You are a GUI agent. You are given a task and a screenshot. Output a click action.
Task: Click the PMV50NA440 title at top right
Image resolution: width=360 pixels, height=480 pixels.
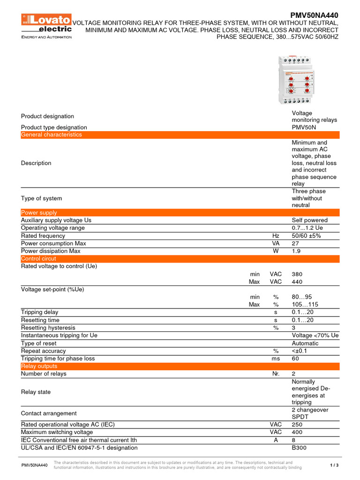[314, 15]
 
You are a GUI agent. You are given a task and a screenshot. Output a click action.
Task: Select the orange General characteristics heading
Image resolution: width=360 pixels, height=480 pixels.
[52, 135]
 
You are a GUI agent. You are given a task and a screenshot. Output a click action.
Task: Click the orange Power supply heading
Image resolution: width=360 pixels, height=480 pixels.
[39, 213]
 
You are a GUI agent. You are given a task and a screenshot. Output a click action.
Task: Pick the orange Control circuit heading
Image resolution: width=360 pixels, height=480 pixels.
[38, 259]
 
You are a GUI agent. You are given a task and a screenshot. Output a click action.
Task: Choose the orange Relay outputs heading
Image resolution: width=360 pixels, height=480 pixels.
[39, 366]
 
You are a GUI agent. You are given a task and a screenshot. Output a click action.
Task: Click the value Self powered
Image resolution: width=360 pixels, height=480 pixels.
[309, 220]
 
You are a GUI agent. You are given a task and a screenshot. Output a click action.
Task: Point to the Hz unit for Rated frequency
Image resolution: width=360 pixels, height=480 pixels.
[276, 236]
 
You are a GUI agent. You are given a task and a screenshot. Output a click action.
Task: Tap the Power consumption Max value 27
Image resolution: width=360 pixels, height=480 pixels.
[295, 243]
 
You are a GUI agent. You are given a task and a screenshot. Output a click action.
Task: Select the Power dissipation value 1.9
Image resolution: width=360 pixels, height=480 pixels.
[296, 251]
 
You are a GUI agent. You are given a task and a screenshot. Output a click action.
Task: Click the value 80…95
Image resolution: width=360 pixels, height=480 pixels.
[302, 297]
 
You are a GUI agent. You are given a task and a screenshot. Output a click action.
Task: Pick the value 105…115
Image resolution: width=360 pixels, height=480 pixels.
[305, 305]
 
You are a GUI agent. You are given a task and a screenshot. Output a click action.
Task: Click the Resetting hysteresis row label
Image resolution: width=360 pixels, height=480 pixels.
[48, 328]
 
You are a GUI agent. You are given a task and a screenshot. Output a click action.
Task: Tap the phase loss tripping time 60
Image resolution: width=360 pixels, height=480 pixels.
[295, 359]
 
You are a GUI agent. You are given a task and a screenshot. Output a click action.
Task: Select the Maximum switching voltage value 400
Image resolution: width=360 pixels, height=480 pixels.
[297, 432]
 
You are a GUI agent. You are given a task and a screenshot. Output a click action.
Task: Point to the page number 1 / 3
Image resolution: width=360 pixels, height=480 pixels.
[334, 465]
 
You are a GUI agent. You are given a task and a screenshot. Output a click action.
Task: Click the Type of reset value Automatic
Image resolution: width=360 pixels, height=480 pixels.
[305, 343]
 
